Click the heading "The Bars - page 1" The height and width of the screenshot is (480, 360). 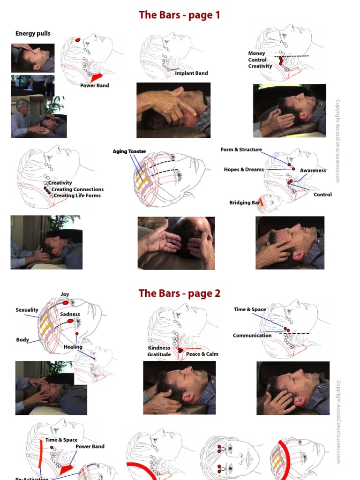click(x=180, y=15)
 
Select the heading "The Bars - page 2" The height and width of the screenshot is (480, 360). click(x=180, y=293)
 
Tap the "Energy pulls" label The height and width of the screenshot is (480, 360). click(x=33, y=33)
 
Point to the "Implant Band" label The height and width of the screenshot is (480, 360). click(x=191, y=73)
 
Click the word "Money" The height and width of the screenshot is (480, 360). click(x=256, y=53)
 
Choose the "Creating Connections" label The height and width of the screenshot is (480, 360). click(x=77, y=189)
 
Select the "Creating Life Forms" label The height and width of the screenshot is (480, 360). click(x=77, y=195)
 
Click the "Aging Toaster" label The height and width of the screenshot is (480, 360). click(x=129, y=151)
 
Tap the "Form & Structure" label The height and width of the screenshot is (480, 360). click(x=241, y=150)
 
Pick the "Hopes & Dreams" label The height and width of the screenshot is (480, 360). click(x=244, y=169)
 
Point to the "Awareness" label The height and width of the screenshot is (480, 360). click(x=313, y=171)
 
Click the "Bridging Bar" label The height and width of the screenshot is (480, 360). click(x=244, y=202)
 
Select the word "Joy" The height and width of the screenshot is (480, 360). click(x=65, y=294)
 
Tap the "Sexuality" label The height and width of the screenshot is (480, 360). click(x=27, y=310)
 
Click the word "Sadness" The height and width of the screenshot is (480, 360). click(x=70, y=314)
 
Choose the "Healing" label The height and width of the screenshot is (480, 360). click(x=73, y=347)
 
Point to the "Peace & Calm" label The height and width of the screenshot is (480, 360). click(x=202, y=354)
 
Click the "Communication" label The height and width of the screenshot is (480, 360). click(x=252, y=335)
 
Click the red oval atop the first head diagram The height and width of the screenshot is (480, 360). click(x=77, y=40)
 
